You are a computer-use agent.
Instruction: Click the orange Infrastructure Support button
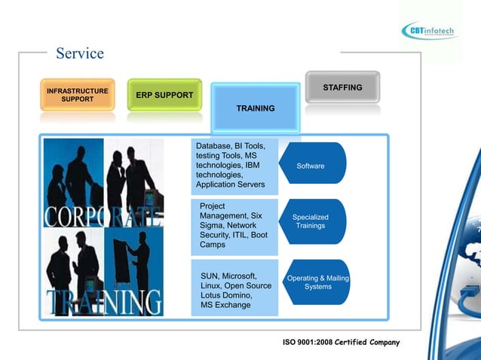click(78, 95)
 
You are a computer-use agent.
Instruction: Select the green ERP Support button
click(164, 95)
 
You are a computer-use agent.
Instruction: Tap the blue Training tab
click(256, 108)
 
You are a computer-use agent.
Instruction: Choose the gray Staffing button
click(342, 87)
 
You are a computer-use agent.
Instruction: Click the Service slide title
click(80, 53)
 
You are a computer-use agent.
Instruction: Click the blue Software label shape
click(311, 166)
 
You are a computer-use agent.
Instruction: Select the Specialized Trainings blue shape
click(311, 221)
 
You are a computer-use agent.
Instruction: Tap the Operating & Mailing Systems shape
click(317, 282)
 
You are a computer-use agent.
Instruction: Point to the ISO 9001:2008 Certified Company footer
click(341, 343)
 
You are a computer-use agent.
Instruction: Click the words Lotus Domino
click(226, 295)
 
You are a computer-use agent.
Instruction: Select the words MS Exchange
click(225, 305)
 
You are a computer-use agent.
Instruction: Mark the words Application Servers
click(230, 185)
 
